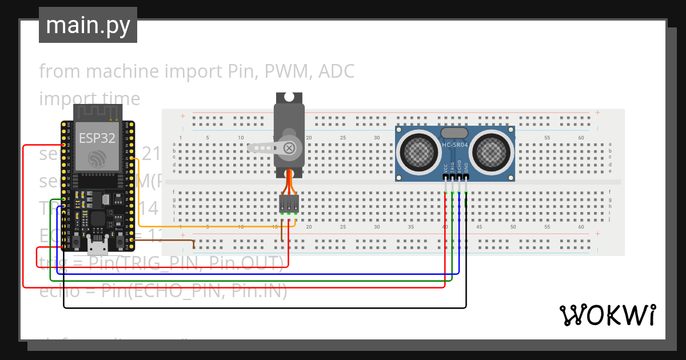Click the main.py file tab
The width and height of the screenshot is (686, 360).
[87, 25]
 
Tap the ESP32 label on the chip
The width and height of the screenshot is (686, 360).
[97, 138]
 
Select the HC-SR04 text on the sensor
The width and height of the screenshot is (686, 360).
[455, 145]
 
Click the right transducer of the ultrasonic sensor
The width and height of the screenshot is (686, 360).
[492, 150]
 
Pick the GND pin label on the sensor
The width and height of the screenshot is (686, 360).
[466, 168]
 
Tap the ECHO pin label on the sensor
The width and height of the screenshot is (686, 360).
[460, 168]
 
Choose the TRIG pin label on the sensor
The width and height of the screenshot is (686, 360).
[452, 168]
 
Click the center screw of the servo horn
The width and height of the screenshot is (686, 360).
[289, 148]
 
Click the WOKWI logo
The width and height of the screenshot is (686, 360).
[607, 315]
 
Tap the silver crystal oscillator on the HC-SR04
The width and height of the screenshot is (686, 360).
[455, 133]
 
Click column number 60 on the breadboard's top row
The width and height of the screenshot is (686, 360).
[581, 138]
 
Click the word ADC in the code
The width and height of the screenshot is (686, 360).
[336, 71]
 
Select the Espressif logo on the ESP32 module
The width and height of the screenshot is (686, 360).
[97, 159]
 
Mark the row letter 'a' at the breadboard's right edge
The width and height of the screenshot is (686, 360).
[610, 144]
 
